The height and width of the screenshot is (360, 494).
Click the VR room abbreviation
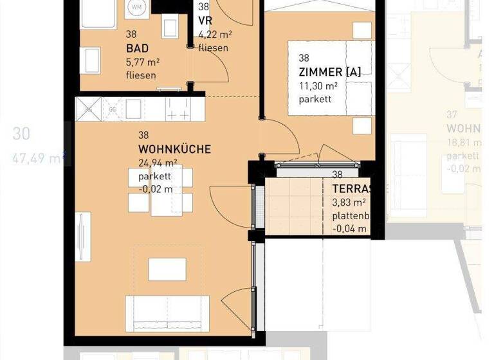click(205, 21)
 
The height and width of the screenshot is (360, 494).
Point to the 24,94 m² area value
click(158, 163)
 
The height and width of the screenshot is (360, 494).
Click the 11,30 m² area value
click(318, 85)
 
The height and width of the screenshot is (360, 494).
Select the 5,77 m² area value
click(143, 62)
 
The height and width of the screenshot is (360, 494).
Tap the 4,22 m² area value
click(215, 35)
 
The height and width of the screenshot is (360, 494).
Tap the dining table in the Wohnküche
click(160, 190)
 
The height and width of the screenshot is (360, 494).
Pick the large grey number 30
click(21, 134)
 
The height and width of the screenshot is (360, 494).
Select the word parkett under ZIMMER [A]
click(315, 99)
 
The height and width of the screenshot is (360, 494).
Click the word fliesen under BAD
click(141, 76)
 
